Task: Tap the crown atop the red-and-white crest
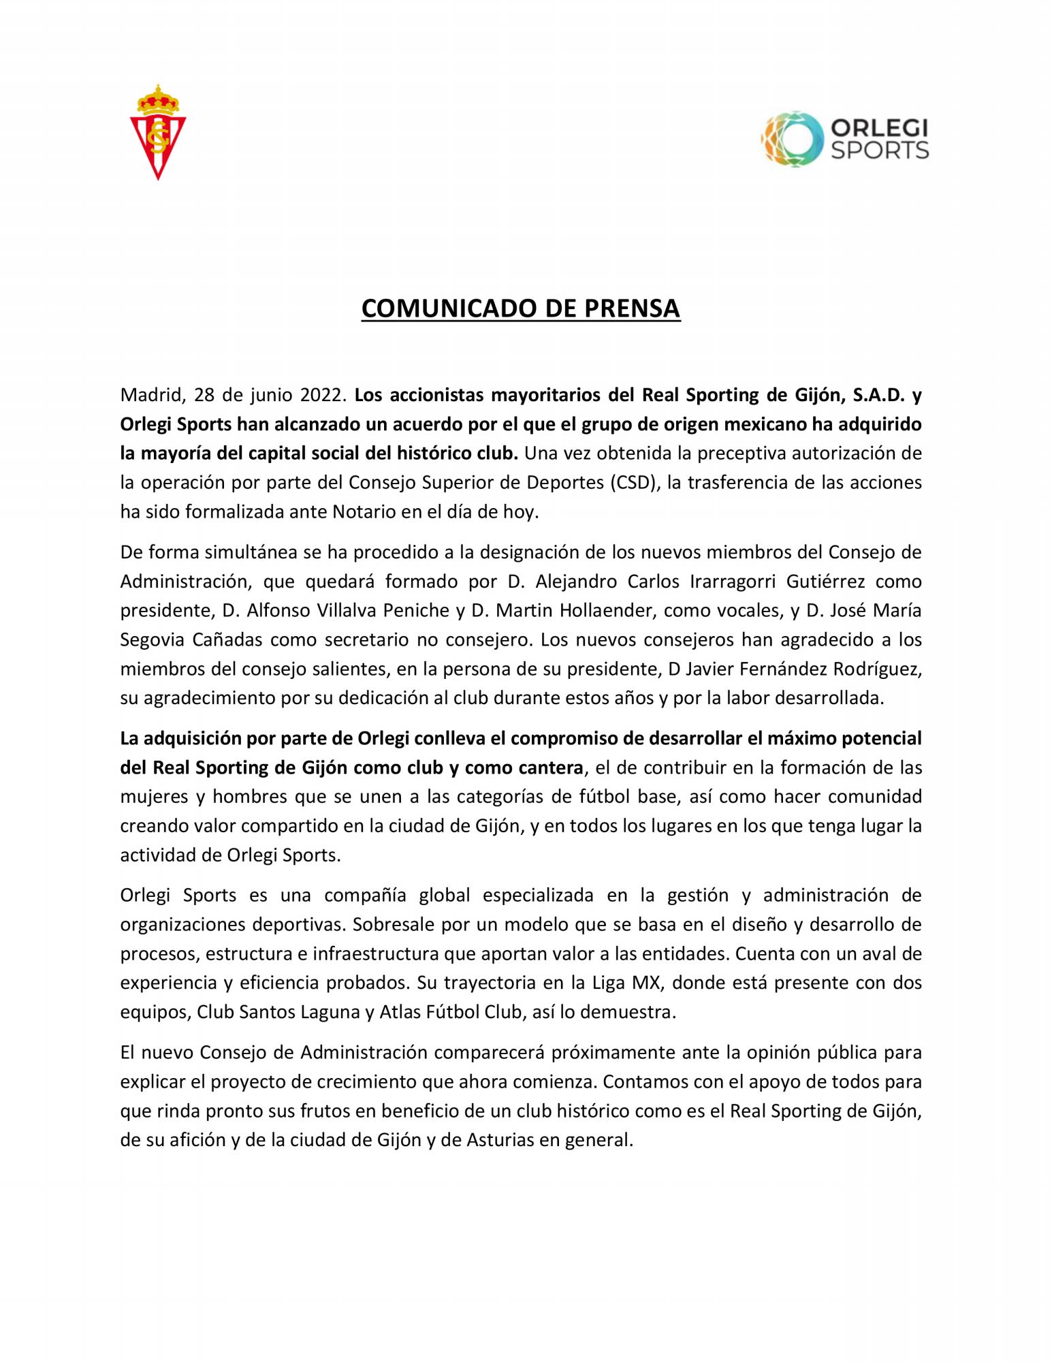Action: [158, 99]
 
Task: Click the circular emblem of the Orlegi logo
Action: [792, 140]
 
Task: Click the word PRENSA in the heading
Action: [631, 308]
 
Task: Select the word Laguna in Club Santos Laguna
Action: [324, 1012]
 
